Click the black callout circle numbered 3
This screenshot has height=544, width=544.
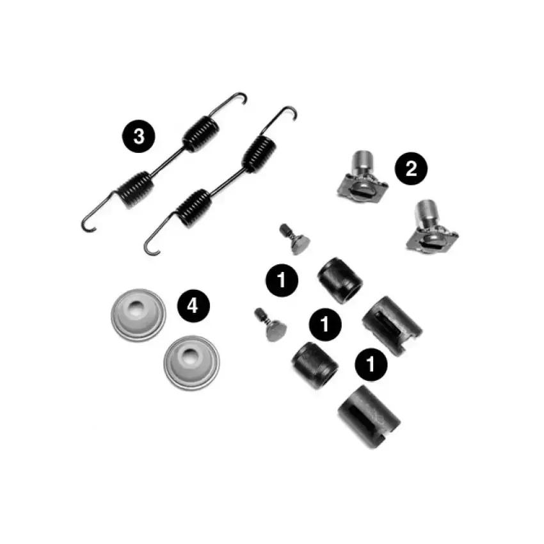pos(138,136)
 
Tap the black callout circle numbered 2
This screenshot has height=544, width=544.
pos(411,168)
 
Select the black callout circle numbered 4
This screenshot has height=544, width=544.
pos(193,306)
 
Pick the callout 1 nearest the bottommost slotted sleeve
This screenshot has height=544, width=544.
pos(371,364)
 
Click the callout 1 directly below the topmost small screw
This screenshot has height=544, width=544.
pos(282,280)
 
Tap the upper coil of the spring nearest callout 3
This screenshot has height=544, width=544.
pos(201,134)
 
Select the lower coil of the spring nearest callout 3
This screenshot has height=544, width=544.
pos(135,189)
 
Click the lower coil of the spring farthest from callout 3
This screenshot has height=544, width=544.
pos(194,208)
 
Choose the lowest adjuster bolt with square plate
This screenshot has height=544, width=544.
pos(431,227)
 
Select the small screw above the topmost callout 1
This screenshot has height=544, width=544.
pos(294,239)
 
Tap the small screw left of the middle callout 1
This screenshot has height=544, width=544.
pos(271,325)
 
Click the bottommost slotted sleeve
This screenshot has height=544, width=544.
pos(369,417)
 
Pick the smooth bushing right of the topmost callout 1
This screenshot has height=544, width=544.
pos(340,280)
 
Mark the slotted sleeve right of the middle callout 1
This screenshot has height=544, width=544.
pos(392,325)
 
